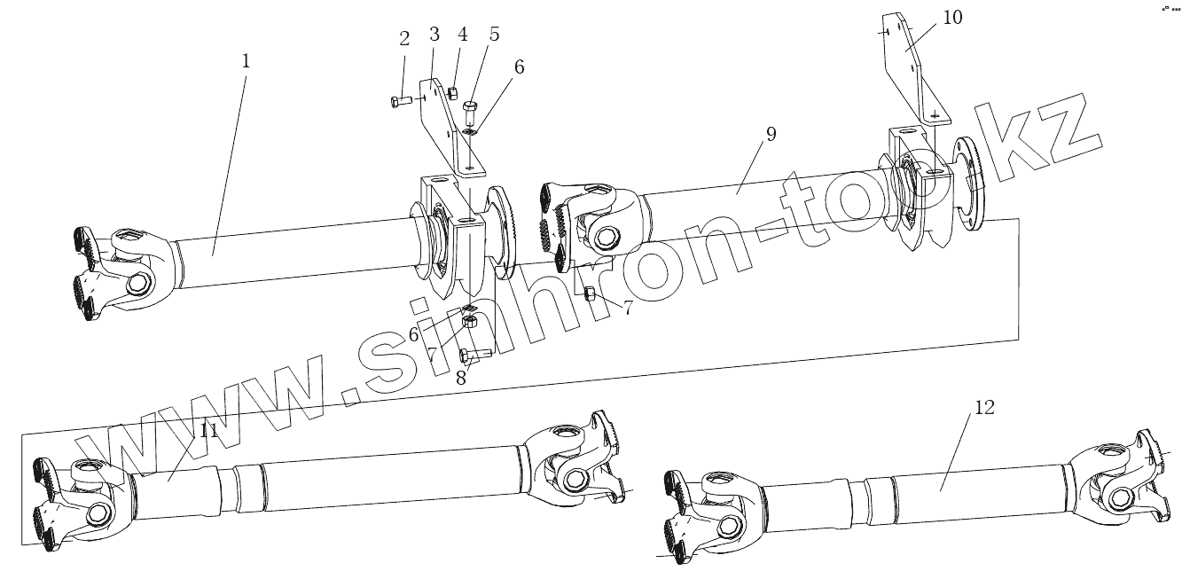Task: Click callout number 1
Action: (246, 61)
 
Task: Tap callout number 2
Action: (404, 38)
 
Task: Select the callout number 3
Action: (434, 35)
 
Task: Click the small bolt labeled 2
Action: (400, 101)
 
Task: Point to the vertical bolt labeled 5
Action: (470, 113)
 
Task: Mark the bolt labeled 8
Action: (474, 355)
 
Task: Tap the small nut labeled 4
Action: (452, 92)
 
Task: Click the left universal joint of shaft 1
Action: (115, 270)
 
